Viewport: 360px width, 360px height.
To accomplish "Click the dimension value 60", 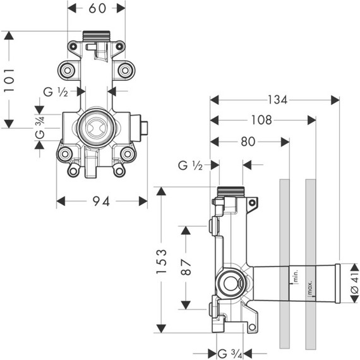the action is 97,8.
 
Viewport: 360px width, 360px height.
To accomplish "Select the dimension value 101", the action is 9,80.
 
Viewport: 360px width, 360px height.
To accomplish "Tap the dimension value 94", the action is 101,201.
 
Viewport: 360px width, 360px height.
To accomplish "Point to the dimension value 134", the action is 277,100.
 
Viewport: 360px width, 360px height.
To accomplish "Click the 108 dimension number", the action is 261,120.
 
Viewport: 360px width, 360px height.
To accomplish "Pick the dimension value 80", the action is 248,141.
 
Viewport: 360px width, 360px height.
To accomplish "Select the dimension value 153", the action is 161,261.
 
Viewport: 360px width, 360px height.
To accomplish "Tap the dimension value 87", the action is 186,267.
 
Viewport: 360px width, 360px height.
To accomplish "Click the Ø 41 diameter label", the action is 355,283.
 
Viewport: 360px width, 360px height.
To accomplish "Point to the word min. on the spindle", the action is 296,276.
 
